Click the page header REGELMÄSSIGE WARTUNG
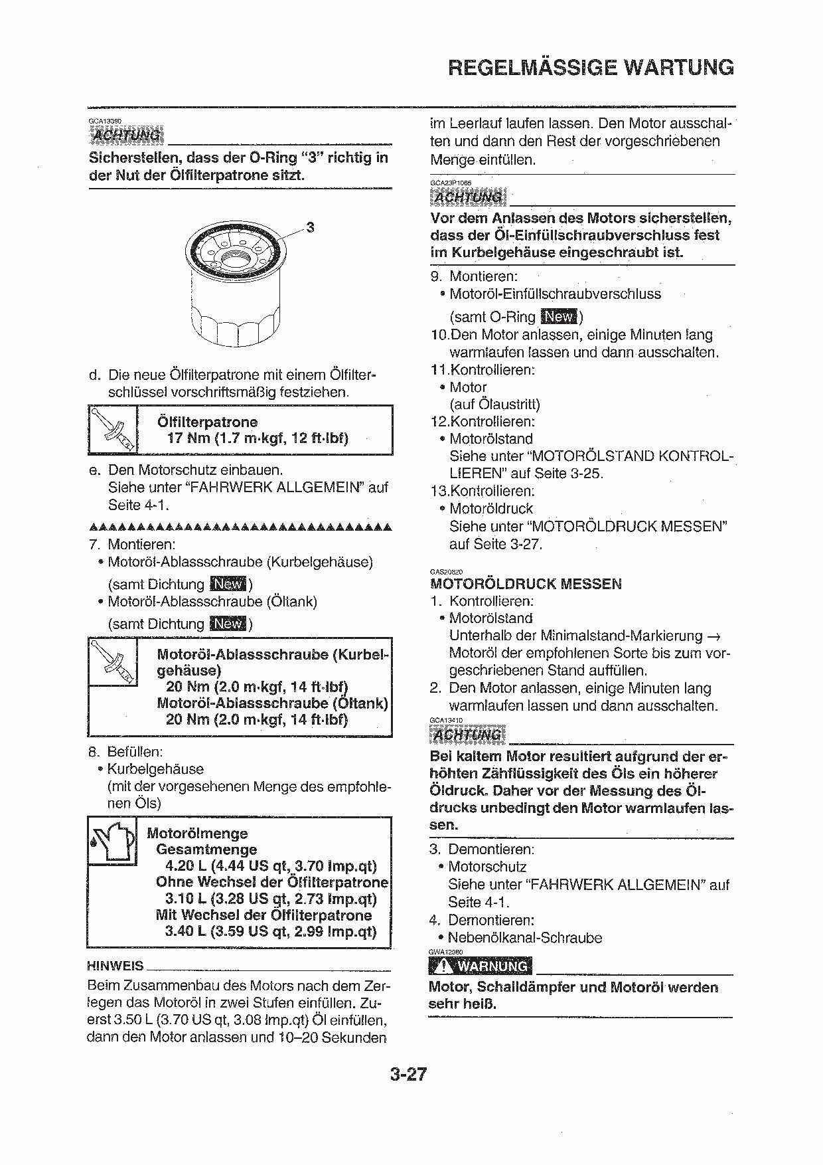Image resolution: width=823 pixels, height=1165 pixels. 591,67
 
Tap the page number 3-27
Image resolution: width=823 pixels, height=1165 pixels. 408,1074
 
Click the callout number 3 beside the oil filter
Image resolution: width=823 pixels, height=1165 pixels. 309,228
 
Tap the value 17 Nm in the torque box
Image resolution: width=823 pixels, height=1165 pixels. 188,438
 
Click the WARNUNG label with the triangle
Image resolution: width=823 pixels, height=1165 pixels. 481,966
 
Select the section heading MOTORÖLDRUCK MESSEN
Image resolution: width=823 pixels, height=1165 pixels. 526,584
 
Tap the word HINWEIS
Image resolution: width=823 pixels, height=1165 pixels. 115,966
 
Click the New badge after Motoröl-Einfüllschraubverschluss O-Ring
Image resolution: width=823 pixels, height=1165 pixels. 560,317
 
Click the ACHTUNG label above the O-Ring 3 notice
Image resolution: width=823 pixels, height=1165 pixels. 127,135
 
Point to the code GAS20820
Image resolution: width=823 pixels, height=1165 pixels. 446,571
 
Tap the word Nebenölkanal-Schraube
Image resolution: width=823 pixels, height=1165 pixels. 525,938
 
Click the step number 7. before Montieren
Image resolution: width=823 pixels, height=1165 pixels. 94,545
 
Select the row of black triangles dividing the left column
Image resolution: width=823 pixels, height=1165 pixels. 240,527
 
